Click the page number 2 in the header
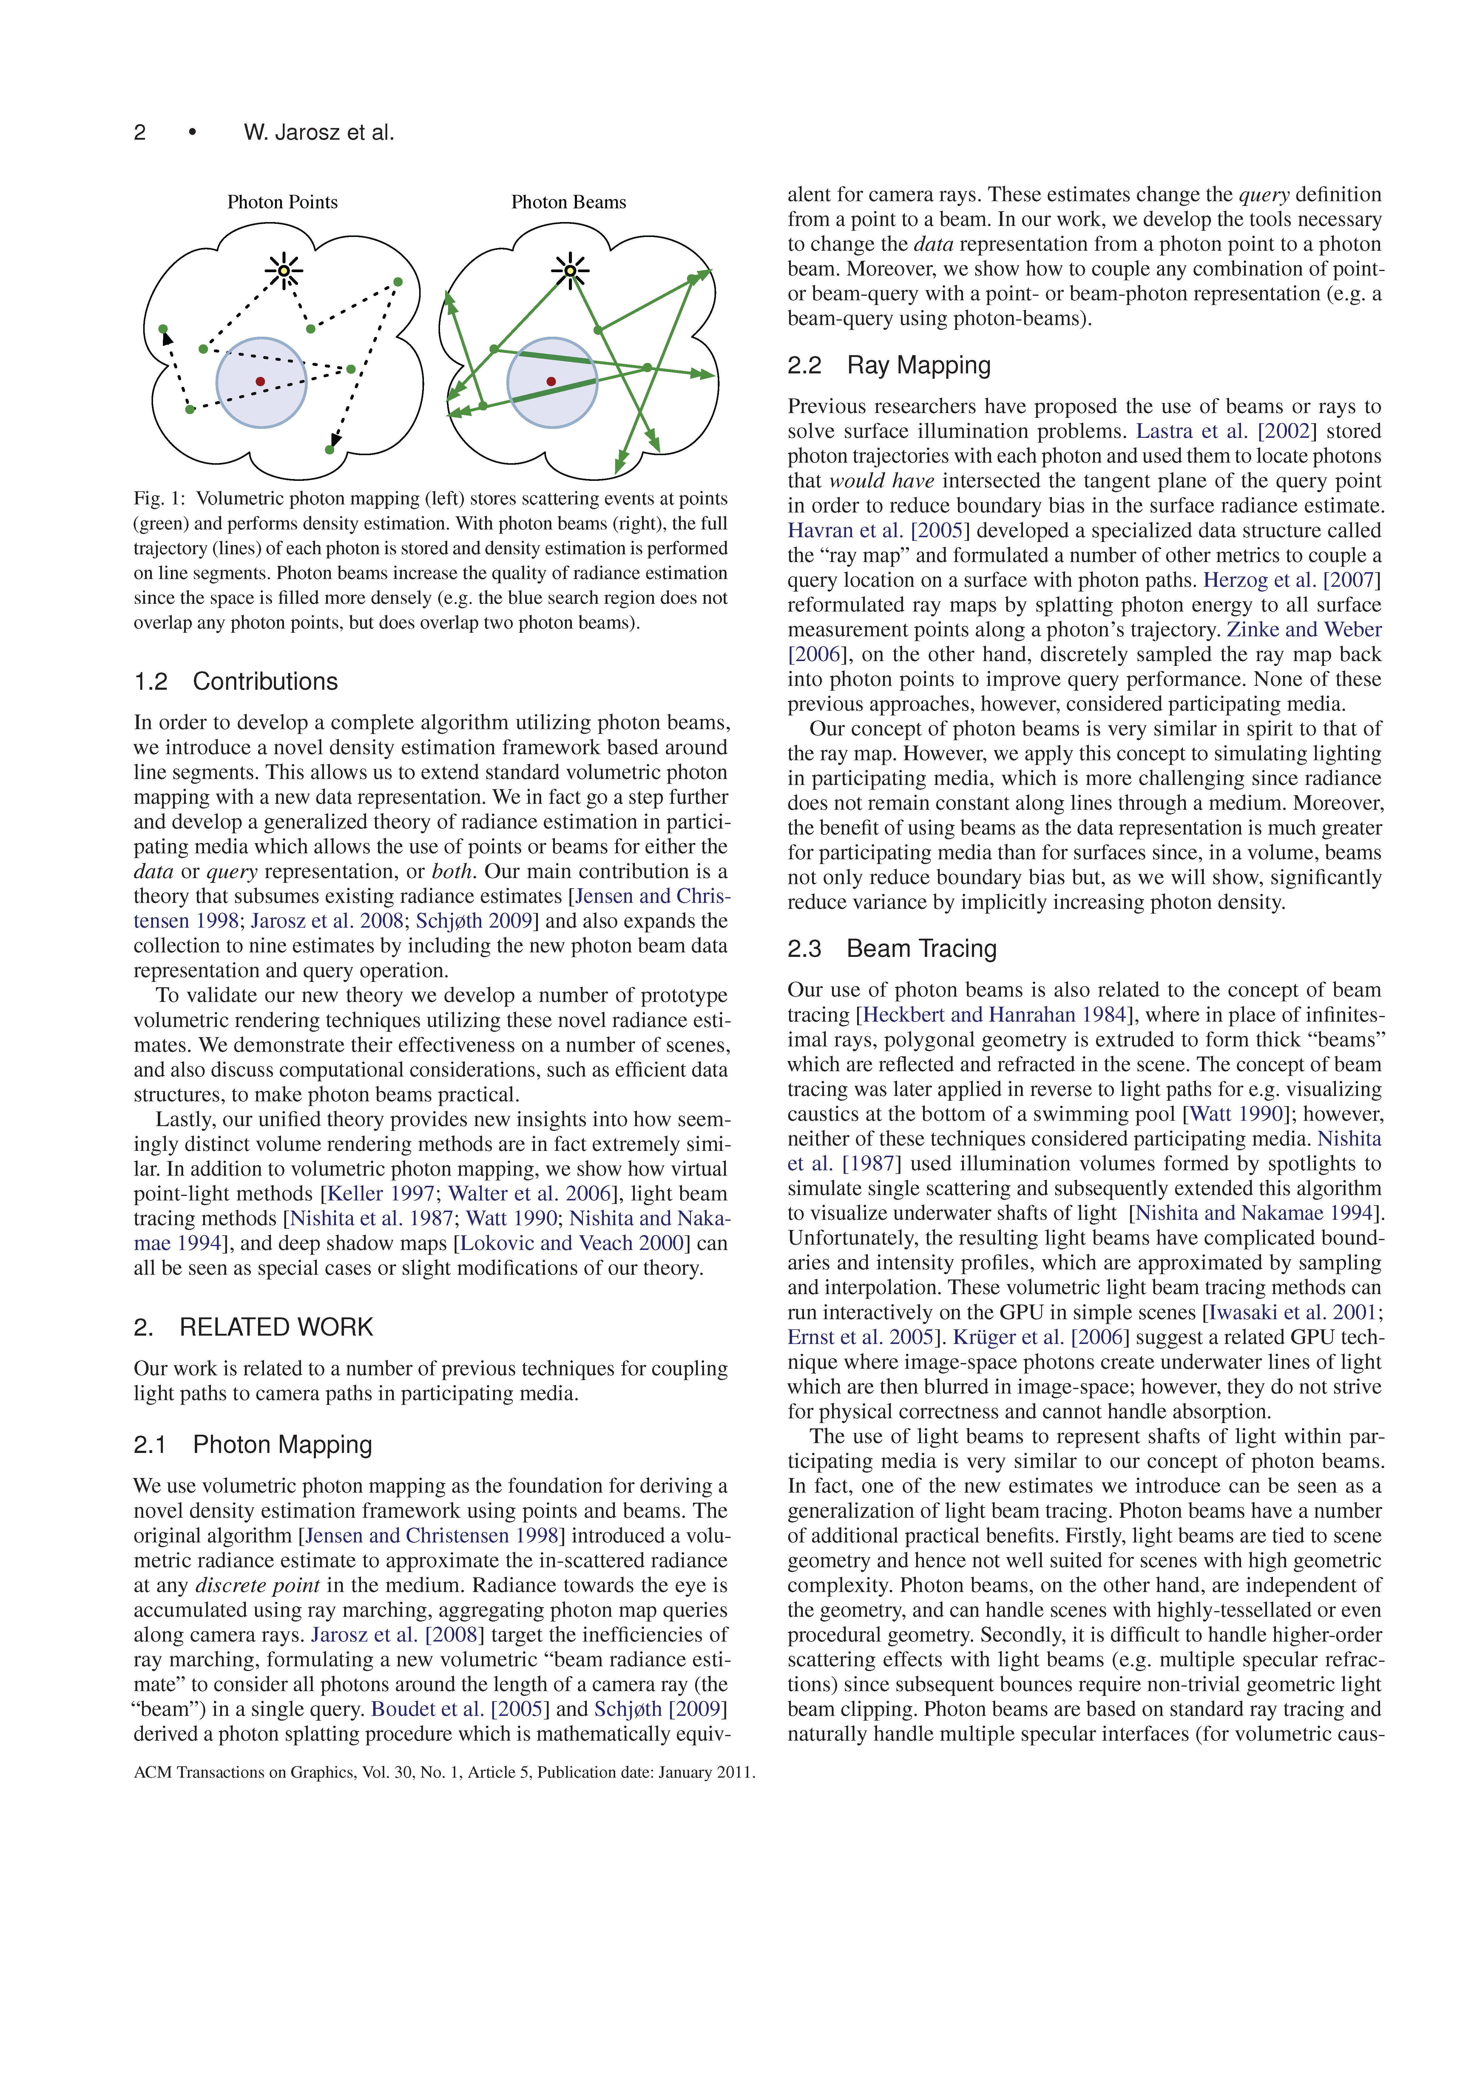(140, 132)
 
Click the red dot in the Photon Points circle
(261, 381)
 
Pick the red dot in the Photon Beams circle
(551, 381)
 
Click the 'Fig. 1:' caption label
(160, 499)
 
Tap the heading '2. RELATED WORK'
(254, 1327)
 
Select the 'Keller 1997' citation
(381, 1194)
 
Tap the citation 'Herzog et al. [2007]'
(1292, 580)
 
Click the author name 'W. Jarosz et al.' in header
(319, 132)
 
